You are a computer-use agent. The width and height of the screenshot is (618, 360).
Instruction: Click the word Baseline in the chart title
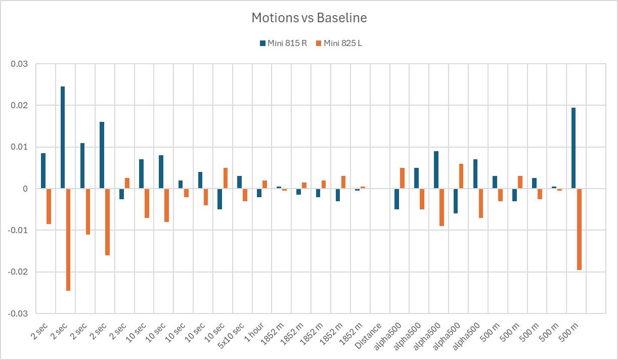(x=342, y=18)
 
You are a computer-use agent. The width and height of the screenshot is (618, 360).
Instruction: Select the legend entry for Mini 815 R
(x=283, y=43)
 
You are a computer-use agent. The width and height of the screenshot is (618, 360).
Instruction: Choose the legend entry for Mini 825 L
(x=338, y=43)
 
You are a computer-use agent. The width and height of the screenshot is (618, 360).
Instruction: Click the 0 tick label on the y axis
(x=25, y=189)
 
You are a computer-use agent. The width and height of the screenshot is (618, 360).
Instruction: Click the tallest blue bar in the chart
(x=63, y=138)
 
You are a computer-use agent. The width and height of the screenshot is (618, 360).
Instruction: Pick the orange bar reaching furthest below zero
(x=68, y=240)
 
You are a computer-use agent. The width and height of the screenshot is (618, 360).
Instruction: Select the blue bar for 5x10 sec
(x=240, y=183)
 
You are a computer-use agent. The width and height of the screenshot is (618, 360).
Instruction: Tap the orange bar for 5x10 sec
(x=245, y=195)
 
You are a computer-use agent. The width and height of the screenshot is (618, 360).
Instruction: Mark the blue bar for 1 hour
(x=259, y=193)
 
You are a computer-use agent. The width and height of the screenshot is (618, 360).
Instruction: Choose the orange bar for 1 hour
(x=264, y=185)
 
